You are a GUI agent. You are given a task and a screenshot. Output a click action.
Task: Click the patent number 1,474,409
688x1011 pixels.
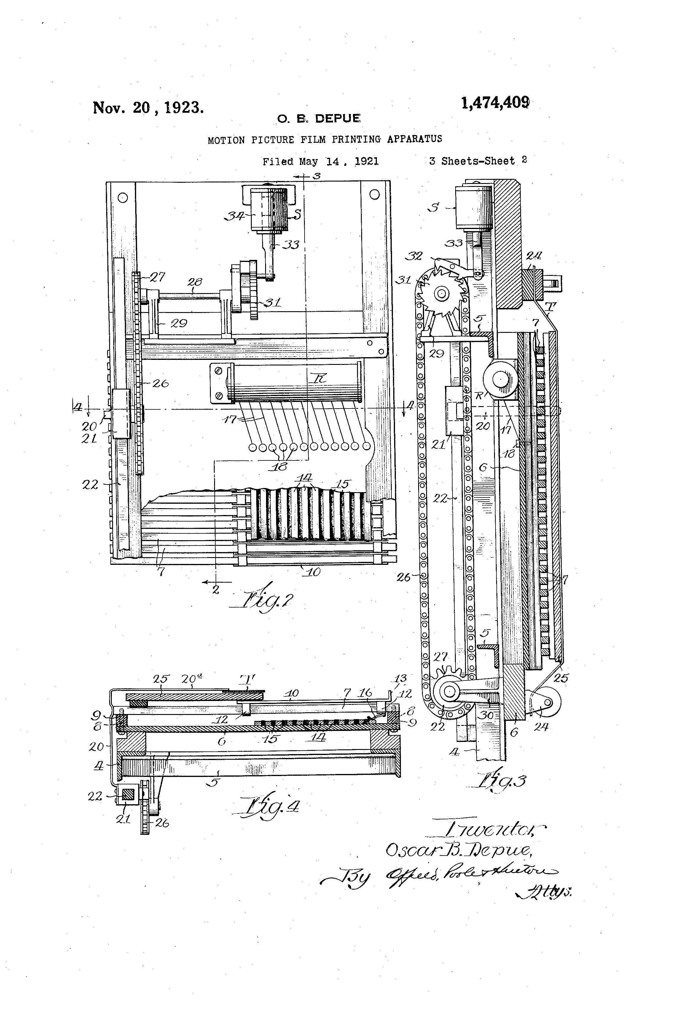coord(495,103)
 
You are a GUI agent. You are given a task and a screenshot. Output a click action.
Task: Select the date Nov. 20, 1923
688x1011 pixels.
coord(148,107)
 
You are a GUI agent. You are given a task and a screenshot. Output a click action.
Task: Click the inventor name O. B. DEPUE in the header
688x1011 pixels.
coord(319,118)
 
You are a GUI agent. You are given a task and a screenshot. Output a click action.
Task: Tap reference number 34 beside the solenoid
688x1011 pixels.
coord(235,215)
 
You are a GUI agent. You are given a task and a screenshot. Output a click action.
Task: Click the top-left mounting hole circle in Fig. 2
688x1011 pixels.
coord(123,198)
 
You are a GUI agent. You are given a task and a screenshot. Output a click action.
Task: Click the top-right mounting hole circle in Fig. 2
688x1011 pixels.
coord(374,194)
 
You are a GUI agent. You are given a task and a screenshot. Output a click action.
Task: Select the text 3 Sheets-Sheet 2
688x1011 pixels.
coord(477,160)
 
